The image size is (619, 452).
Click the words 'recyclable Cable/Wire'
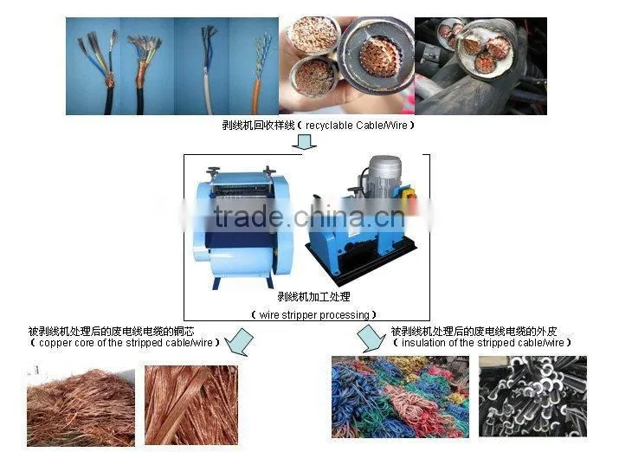click(356, 126)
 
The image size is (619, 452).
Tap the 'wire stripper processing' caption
click(314, 315)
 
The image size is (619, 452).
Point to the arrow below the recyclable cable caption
click(304, 142)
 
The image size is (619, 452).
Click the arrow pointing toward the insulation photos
click(371, 339)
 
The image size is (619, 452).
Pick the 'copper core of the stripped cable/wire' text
click(126, 343)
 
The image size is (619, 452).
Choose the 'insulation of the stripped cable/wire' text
click(482, 343)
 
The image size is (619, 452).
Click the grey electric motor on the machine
click(384, 176)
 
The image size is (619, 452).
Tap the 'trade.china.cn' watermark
click(310, 216)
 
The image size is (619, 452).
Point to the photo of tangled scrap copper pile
click(81, 407)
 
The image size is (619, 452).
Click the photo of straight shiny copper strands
click(191, 405)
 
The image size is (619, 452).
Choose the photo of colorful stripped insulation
click(400, 397)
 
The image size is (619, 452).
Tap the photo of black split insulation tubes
click(532, 397)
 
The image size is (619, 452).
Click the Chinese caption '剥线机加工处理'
click(314, 296)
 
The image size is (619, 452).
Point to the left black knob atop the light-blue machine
click(213, 171)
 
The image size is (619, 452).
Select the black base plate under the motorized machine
click(361, 261)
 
